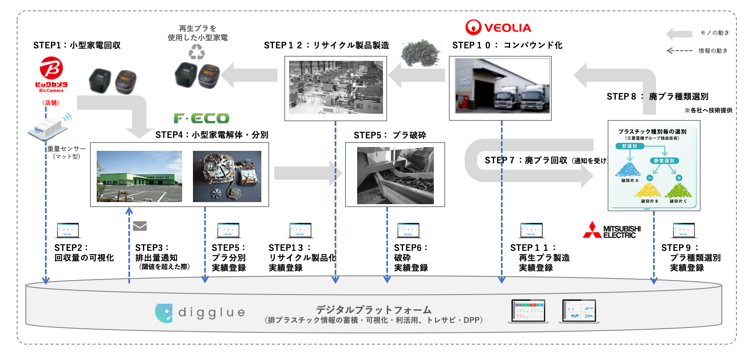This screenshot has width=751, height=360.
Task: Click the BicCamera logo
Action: [x=51, y=74]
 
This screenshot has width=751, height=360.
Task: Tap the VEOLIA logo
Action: [x=498, y=27]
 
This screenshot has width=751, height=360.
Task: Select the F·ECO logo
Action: [x=202, y=118]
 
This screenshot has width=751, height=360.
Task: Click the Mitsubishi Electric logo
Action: [x=611, y=230]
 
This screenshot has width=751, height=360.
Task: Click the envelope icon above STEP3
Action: [x=140, y=226]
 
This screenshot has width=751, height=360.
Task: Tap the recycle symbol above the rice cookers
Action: [x=197, y=52]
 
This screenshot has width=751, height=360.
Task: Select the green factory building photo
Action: [x=139, y=176]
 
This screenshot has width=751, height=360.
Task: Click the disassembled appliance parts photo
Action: [x=227, y=176]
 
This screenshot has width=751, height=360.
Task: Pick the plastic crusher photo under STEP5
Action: [x=395, y=175]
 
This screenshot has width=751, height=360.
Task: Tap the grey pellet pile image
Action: [x=420, y=53]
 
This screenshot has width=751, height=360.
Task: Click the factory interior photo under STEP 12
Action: [x=336, y=87]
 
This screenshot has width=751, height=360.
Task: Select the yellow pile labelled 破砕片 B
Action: [x=647, y=190]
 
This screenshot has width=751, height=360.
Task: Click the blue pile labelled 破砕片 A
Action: [x=628, y=170]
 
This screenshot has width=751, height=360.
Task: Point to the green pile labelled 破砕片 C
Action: [x=678, y=190]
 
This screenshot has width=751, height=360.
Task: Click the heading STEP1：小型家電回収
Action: [x=77, y=45]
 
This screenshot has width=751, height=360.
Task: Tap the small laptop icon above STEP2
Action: [x=68, y=230]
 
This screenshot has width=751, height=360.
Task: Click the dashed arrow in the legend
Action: [x=679, y=50]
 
